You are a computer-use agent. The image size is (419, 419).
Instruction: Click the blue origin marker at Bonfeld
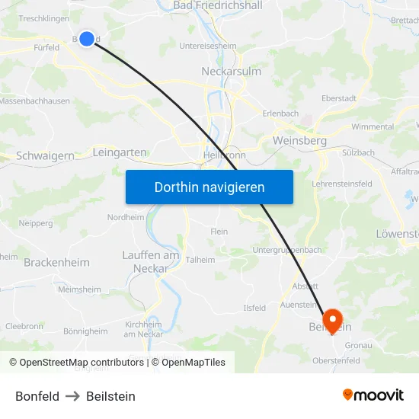[x=87, y=38]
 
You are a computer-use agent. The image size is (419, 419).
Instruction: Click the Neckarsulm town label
[x=232, y=71]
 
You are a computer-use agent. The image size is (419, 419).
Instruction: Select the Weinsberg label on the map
[x=299, y=141]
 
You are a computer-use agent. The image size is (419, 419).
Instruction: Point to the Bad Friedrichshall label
[x=218, y=5]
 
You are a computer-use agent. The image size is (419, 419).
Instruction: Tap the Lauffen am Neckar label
[x=151, y=261]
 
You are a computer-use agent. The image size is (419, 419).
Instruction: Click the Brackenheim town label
[x=56, y=262]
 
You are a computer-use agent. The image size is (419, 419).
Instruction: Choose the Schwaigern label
[x=46, y=155]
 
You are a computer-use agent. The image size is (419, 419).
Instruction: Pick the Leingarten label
[x=119, y=152]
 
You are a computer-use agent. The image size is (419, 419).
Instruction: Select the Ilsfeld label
[x=254, y=308]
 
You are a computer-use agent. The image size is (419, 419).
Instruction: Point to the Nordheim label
[x=125, y=217]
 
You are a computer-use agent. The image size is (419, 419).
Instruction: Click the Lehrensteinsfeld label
[x=342, y=184]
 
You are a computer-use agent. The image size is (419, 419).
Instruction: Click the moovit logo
[x=373, y=395]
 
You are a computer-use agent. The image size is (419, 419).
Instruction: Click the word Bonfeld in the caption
[x=37, y=396]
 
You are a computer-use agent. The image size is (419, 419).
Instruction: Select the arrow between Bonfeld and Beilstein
[x=72, y=396]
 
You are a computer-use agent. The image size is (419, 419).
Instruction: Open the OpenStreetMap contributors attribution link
[x=82, y=363]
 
